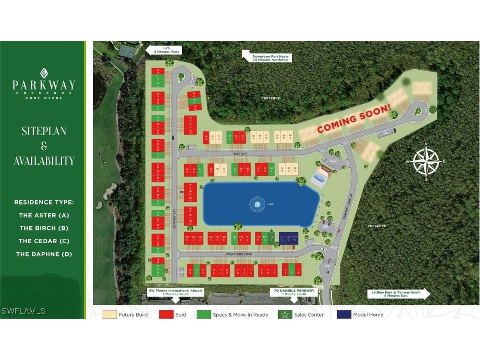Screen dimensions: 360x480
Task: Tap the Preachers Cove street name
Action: pos(239,254)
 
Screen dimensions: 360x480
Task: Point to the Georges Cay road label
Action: pos(175,227)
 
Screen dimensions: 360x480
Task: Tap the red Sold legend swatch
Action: pos(166,315)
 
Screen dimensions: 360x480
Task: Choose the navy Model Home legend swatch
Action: pos(344,315)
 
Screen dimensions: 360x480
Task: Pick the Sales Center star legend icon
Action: pos(284,315)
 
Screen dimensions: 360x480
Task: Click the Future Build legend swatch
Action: pos(109,315)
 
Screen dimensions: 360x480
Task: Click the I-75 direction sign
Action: pos(164,50)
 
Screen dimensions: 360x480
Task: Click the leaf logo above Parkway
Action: pos(44,73)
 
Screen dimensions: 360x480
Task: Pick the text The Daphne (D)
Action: pos(44,254)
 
